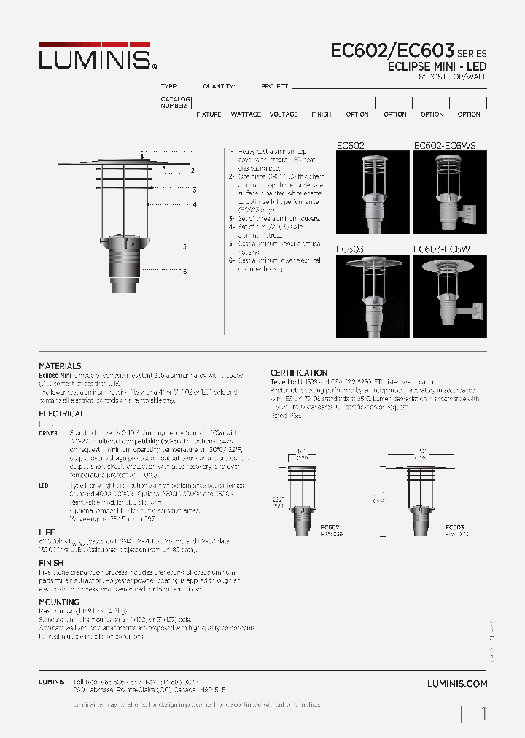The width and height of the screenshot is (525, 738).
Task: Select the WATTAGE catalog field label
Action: [x=246, y=114]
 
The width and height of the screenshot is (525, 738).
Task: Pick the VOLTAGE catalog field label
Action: [x=284, y=114]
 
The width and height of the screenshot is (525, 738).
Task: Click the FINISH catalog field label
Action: [x=321, y=114]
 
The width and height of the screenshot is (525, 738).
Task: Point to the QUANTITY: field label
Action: [x=219, y=86]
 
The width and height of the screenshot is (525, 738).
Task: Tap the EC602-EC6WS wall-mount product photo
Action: [x=448, y=192]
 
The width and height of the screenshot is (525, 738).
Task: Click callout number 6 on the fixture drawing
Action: [x=185, y=271]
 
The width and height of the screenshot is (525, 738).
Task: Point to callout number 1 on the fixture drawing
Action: [x=191, y=153]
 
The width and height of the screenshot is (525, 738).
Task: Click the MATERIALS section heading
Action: [x=60, y=366]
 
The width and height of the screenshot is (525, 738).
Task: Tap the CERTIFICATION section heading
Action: [x=299, y=373]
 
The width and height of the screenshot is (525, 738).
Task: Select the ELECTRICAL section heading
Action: [x=61, y=413]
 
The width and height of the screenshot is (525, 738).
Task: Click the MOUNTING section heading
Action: [x=58, y=602]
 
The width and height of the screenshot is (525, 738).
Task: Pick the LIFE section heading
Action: [x=46, y=533]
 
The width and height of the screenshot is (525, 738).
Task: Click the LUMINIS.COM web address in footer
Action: [x=456, y=684]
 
